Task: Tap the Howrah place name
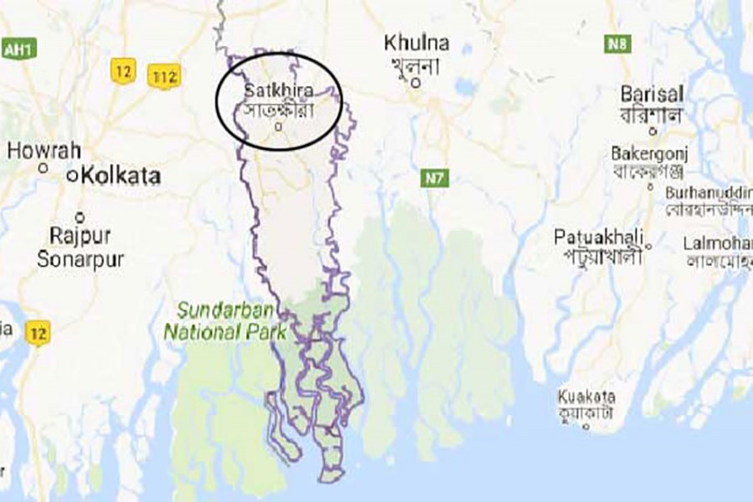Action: point(44,151)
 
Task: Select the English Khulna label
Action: point(416,43)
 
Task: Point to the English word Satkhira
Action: point(274,90)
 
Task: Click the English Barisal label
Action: point(653,93)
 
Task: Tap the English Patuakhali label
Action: point(599,237)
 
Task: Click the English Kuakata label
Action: point(587,396)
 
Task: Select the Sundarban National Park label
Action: point(225,322)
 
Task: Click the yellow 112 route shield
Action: point(164,77)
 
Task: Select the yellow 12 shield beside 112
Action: point(123,72)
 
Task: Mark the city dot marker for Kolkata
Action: point(74,176)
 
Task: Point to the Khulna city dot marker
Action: point(426,83)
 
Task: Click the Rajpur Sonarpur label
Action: point(80,247)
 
